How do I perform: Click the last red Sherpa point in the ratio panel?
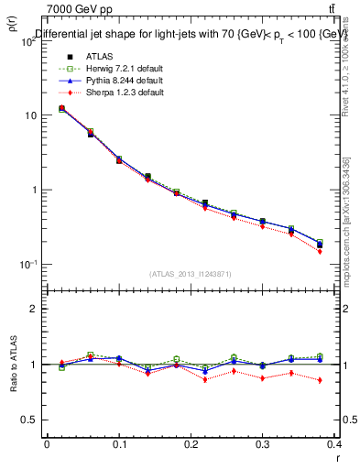click(x=320, y=380)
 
